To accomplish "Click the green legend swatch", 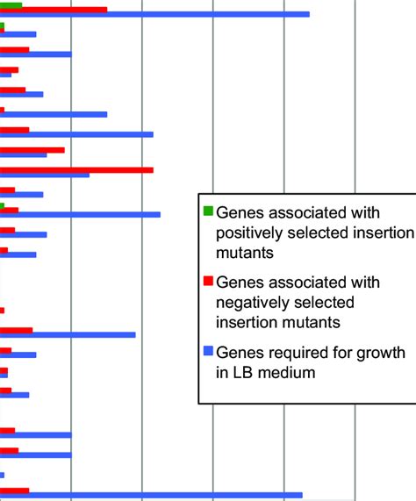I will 208,211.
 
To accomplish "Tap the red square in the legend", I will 208,283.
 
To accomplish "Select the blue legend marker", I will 208,353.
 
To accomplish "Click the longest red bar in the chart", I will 76,169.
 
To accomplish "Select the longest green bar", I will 11,5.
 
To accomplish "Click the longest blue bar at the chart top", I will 154,14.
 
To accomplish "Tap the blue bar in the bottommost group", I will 151,495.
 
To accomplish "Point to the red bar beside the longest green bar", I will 54,10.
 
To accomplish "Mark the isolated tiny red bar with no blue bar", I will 3,311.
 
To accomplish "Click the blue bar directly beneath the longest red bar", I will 45,175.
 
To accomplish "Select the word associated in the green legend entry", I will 305,211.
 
